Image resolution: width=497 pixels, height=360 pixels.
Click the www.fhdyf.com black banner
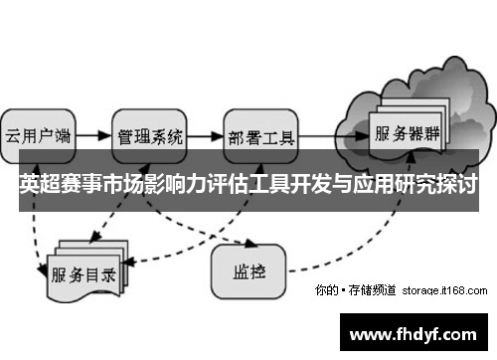416,331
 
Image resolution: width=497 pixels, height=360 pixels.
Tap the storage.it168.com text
444,291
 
